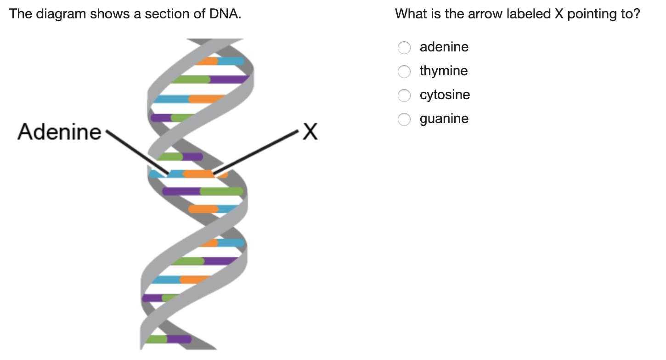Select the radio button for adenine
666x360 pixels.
pos(404,48)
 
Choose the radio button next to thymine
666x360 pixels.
pos(404,71)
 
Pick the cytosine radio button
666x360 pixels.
pos(404,96)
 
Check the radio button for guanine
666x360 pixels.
pos(404,119)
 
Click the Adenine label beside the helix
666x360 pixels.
pos(59,132)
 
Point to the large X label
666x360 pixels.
pos(310,131)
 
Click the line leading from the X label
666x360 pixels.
pos(255,152)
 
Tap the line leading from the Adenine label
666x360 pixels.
pos(137,152)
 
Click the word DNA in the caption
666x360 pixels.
pos(225,14)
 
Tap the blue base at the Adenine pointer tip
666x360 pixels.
pos(175,174)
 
